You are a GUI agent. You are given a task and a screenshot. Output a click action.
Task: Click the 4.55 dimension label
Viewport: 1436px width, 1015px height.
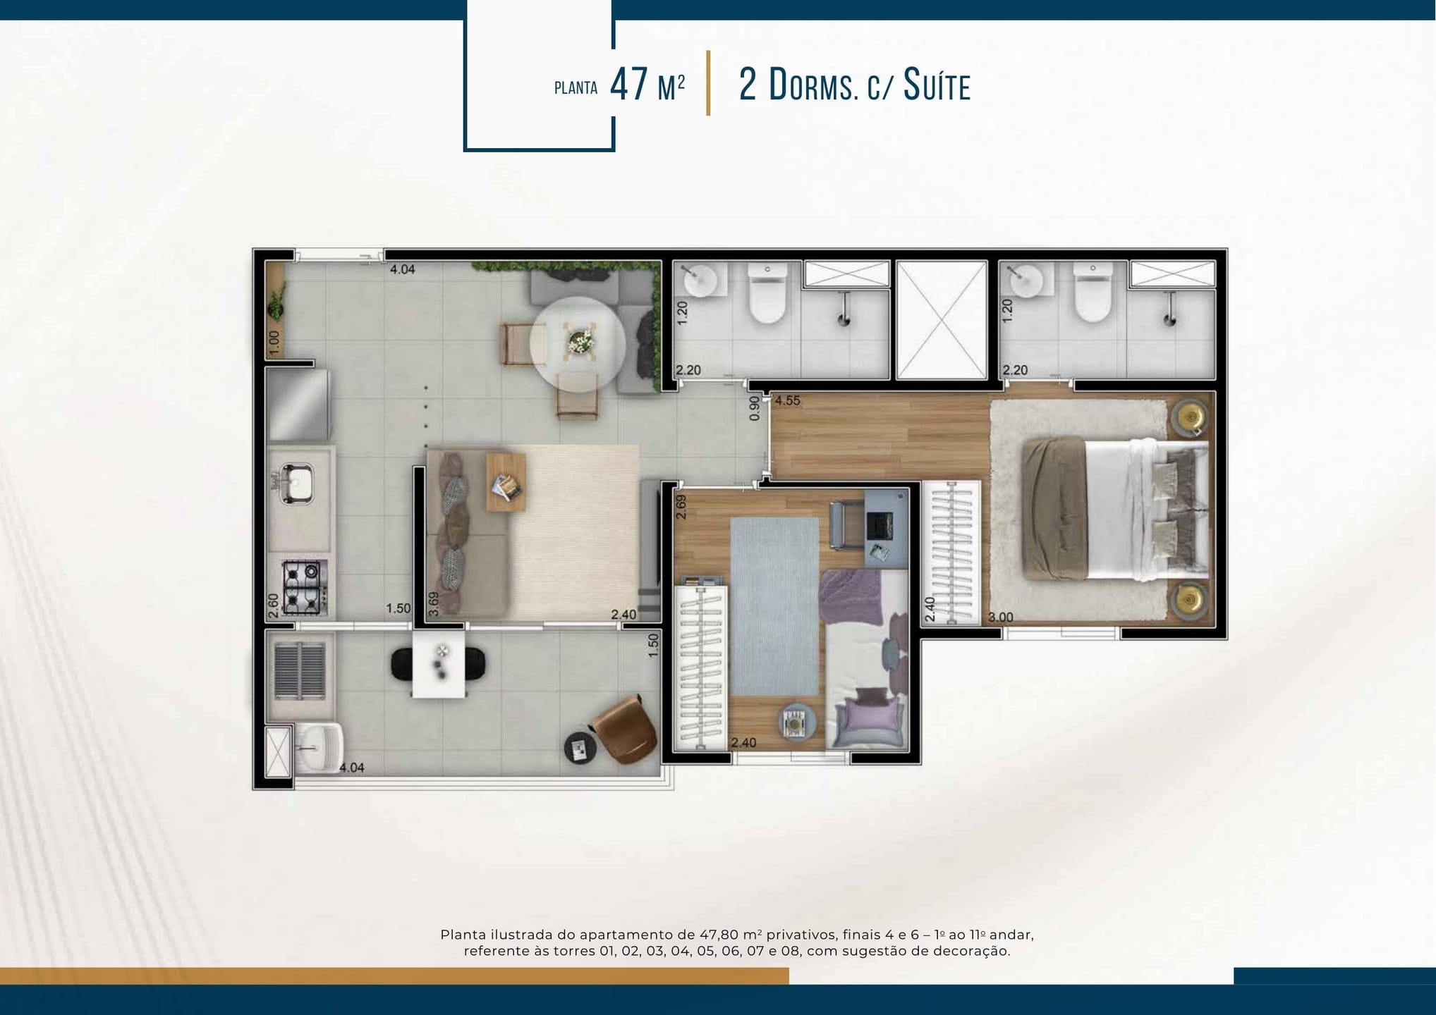787,400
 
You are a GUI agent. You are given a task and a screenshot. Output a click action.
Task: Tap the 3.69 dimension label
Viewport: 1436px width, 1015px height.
434,603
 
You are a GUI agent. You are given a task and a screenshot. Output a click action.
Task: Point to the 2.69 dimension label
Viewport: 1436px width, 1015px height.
681,507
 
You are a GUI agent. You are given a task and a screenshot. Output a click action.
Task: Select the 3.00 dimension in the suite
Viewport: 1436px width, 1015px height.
1000,617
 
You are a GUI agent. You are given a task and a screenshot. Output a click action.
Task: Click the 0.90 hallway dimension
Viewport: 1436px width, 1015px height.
755,408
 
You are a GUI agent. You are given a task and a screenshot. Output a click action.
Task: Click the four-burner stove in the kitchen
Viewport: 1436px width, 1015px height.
305,586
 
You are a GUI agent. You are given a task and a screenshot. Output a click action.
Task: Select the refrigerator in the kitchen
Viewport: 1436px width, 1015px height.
298,405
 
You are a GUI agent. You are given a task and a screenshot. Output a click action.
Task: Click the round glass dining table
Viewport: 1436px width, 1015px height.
578,344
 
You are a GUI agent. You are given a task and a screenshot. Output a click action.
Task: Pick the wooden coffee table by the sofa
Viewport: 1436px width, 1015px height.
506,482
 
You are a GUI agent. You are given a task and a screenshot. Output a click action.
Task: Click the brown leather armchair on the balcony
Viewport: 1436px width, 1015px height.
626,730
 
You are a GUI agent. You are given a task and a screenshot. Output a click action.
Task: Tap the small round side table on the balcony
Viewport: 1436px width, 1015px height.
580,748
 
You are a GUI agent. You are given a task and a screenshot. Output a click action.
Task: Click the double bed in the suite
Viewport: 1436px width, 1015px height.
1115,509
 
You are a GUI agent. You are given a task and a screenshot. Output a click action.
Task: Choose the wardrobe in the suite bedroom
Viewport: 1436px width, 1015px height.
951,553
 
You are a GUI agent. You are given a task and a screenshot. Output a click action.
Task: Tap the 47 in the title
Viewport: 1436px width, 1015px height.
629,85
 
